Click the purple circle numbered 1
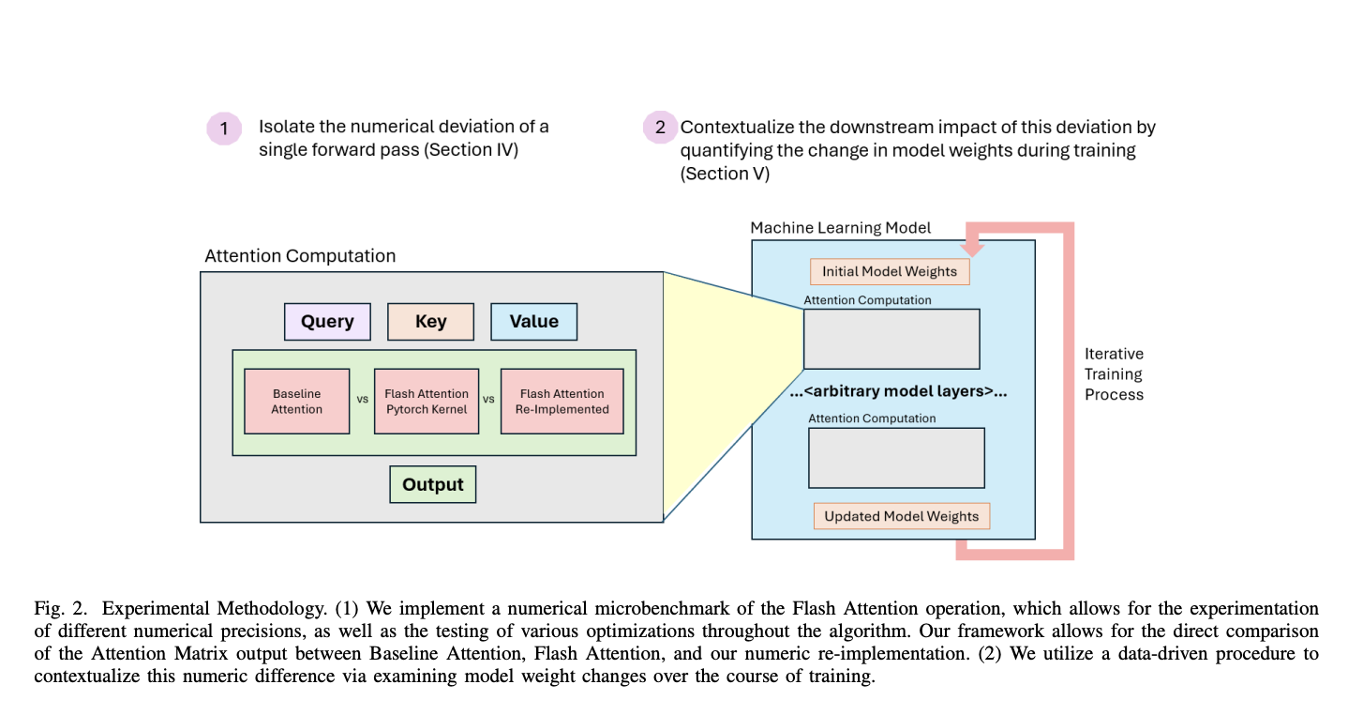(x=223, y=129)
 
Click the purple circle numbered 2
(x=660, y=129)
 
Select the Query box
(x=327, y=322)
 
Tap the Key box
(x=430, y=322)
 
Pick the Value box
(x=533, y=322)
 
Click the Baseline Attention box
(x=296, y=402)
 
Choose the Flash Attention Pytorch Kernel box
(x=426, y=402)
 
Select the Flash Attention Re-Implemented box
(x=562, y=402)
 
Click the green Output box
(x=432, y=485)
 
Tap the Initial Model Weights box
(x=889, y=272)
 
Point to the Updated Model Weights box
(x=901, y=516)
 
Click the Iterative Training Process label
(x=1114, y=374)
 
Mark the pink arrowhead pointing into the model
(x=972, y=249)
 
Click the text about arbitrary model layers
(x=898, y=392)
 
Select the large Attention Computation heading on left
(x=300, y=256)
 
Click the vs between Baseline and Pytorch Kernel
(x=362, y=399)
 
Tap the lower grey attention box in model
(x=896, y=458)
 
